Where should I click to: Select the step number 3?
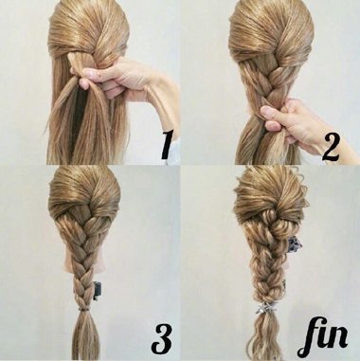pyautogui.click(x=162, y=338)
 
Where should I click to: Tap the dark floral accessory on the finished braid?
pyautogui.click(x=294, y=244)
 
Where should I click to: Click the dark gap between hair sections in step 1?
pyautogui.click(x=78, y=120)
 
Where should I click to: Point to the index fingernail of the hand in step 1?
pyautogui.click(x=89, y=74)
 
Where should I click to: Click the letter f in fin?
pyautogui.click(x=309, y=337)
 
